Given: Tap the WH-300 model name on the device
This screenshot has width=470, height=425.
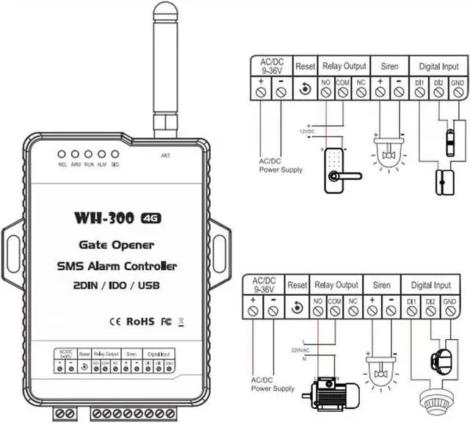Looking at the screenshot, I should (x=109, y=219).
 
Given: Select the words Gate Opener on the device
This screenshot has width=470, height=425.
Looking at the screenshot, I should (x=117, y=244).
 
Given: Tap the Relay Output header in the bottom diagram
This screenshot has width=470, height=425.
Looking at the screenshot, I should (x=336, y=284).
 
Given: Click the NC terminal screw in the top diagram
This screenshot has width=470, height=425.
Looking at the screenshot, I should (x=361, y=92).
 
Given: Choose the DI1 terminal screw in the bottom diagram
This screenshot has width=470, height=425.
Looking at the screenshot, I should (x=411, y=311).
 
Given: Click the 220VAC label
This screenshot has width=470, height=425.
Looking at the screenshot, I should (x=301, y=349).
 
